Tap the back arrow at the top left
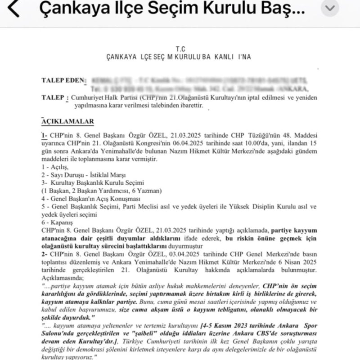pyautogui.click(x=14, y=9)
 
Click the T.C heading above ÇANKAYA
pyautogui.click(x=180, y=49)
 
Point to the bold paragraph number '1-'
pyautogui.click(x=45, y=135)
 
